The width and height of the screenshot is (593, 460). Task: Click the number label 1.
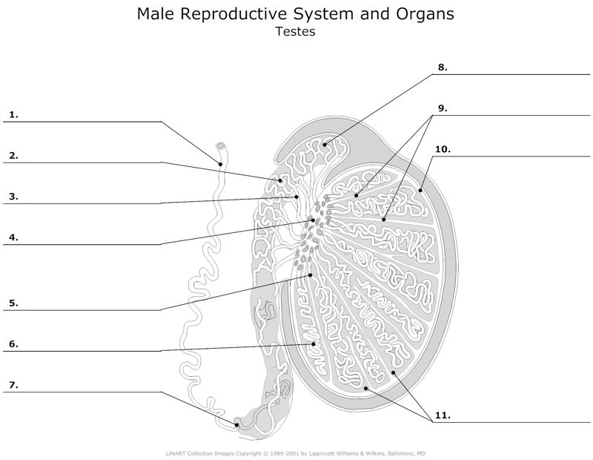pos(13,115)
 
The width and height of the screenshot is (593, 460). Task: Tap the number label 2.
pos(13,156)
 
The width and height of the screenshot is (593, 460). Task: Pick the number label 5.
pos(13,303)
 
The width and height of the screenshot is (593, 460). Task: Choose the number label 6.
pos(13,344)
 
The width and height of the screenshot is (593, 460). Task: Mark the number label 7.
pos(13,385)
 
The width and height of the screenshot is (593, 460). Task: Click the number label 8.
pos(442,67)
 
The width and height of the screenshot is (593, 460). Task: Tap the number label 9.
pos(442,108)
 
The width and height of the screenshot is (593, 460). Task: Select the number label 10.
pos(443,149)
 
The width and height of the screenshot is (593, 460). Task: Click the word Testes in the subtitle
pos(296,32)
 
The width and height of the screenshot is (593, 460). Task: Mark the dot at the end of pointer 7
pos(236,426)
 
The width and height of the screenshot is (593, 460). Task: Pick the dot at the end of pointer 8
pos(325,144)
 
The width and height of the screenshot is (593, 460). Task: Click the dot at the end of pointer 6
pos(314,344)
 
